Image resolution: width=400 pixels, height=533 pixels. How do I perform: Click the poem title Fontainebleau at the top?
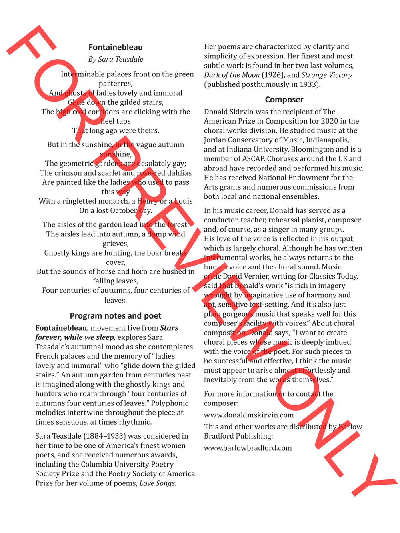[116, 47]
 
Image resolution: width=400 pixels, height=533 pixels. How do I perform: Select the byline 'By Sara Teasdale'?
[116, 59]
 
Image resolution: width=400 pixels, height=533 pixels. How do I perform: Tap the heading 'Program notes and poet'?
[116, 316]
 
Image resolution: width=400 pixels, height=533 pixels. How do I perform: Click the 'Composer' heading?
[284, 100]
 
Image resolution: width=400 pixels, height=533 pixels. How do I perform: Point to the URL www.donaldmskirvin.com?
[249, 415]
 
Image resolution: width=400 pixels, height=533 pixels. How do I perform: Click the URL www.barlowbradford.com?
[248, 448]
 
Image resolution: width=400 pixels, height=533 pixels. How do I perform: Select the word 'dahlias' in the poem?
[178, 173]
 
